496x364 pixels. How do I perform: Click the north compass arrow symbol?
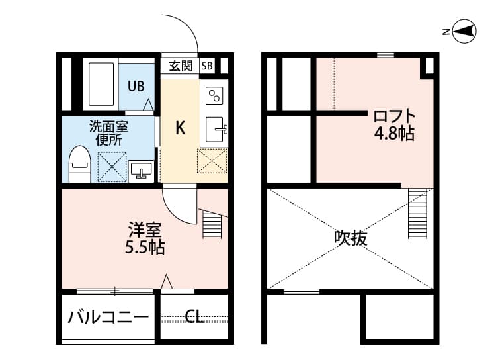click(465, 30)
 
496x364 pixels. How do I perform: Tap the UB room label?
click(136, 86)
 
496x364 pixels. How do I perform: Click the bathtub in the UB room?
click(101, 85)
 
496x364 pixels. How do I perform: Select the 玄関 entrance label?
click(180, 66)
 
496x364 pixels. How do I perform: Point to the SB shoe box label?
click(207, 66)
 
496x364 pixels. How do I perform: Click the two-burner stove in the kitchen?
click(214, 96)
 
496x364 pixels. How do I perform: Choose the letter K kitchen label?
click(179, 128)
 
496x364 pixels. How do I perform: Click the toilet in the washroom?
click(79, 163)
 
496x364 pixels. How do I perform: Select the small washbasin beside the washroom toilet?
click(141, 170)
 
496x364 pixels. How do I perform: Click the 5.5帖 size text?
click(145, 248)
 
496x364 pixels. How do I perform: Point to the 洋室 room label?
click(145, 231)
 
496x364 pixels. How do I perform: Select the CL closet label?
click(194, 317)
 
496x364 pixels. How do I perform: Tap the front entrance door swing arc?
click(179, 33)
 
